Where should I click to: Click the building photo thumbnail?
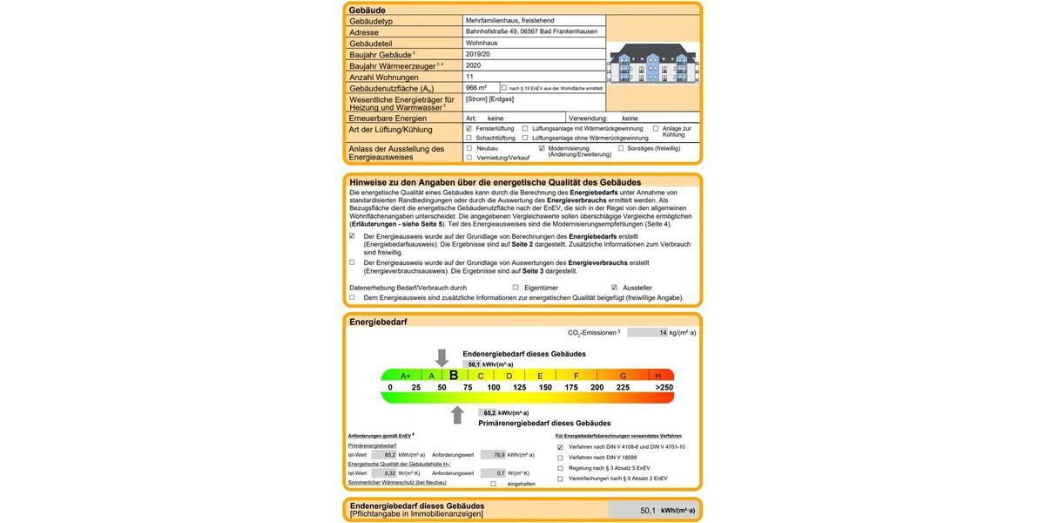tap(653, 63)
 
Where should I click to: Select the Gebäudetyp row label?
tap(372, 20)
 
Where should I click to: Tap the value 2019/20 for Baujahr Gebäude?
tap(479, 54)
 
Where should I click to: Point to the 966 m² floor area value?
tap(476, 88)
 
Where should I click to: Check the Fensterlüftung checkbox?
tap(469, 128)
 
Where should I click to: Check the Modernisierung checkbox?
tap(542, 148)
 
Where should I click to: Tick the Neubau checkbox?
tap(469, 148)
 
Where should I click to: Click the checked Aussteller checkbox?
tap(614, 287)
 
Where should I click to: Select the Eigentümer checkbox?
tap(516, 287)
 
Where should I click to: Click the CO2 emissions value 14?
tap(663, 332)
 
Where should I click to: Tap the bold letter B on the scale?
tap(454, 376)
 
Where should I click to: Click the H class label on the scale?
tap(657, 376)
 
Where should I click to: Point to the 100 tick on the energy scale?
tap(494, 387)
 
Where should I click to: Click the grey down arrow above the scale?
tap(442, 357)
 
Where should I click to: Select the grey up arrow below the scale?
tap(457, 415)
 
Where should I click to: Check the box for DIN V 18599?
tap(560, 457)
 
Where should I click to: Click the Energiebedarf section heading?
tap(378, 322)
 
